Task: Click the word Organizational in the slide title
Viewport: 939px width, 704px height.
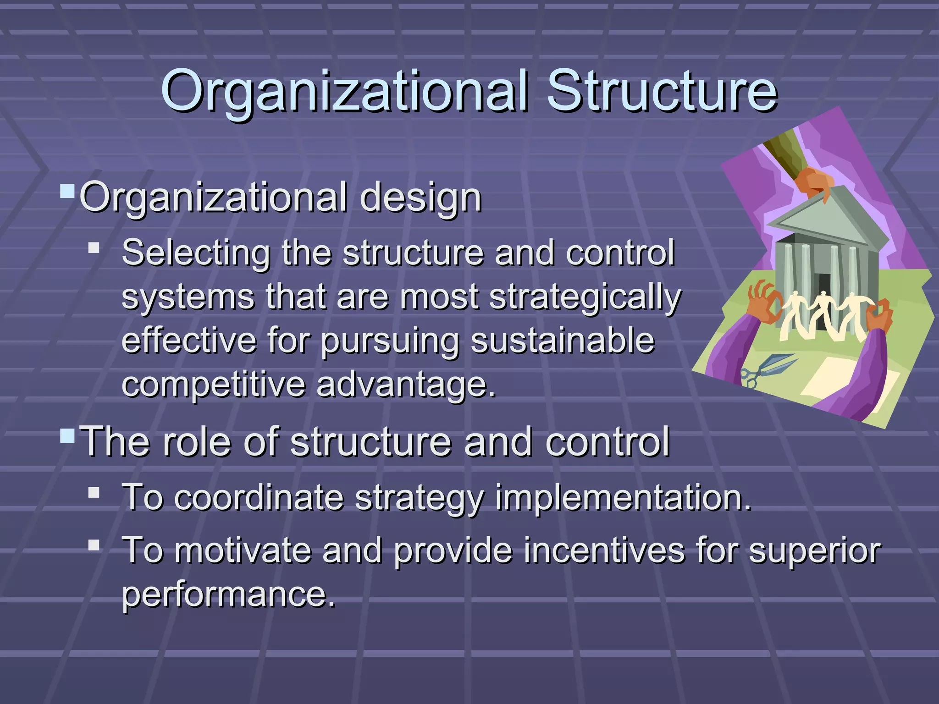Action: tap(344, 92)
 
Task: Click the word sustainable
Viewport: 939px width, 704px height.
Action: tap(563, 341)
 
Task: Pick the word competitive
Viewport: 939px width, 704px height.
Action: tap(213, 385)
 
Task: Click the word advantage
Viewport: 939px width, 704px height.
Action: tap(406, 385)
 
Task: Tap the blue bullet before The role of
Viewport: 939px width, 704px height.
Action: tap(67, 435)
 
